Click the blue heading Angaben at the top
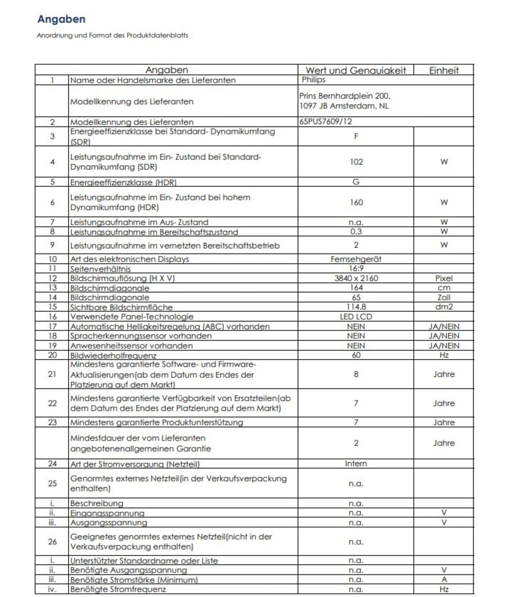(x=61, y=19)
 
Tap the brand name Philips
(x=313, y=80)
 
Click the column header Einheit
(x=444, y=70)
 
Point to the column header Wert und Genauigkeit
(x=356, y=70)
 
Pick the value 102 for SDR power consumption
(x=356, y=161)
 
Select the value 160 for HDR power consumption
(x=356, y=202)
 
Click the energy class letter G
(x=356, y=182)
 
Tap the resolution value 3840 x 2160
(x=356, y=278)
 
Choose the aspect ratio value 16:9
(x=356, y=268)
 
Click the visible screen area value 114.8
(x=356, y=307)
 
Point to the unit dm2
(x=444, y=307)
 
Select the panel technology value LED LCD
(x=356, y=317)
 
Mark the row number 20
(x=52, y=355)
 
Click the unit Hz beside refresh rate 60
(x=444, y=355)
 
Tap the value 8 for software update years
(x=356, y=374)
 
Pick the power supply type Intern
(x=356, y=463)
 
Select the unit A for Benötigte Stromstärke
(x=444, y=579)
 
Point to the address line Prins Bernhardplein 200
(x=345, y=96)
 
